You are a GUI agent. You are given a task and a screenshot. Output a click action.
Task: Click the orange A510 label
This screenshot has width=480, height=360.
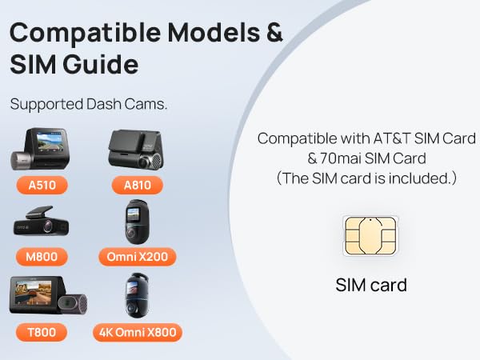click(42, 186)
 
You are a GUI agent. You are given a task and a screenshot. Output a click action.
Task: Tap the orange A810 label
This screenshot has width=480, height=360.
click(138, 186)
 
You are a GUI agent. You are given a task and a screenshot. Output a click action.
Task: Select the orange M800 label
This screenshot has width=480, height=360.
click(42, 257)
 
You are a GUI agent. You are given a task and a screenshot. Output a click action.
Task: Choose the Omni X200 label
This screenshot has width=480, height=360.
click(138, 257)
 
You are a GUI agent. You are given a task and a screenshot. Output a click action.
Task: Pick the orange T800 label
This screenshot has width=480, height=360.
click(42, 332)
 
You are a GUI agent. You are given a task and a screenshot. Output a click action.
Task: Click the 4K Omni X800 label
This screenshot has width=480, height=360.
click(138, 332)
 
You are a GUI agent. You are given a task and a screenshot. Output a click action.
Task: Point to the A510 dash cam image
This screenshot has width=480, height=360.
click(40, 149)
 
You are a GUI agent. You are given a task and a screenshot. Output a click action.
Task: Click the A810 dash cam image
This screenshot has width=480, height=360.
click(136, 150)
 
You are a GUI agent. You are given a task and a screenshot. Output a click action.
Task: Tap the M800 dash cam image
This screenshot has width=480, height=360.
click(41, 222)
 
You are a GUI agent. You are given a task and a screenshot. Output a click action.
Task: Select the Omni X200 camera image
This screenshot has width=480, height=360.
click(137, 222)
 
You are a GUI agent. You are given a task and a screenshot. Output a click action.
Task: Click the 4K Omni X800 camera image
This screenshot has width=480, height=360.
click(137, 295)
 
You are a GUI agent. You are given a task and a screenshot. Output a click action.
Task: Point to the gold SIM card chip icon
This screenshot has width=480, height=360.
click(370, 236)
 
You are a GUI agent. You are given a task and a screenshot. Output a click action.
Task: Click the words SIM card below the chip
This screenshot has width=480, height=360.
click(371, 285)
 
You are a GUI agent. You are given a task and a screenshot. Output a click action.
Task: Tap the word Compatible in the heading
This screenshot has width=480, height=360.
click(85, 33)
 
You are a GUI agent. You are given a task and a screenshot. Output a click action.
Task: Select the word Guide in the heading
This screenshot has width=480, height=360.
click(101, 64)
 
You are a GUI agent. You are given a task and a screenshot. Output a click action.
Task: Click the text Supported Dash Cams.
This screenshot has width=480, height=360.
click(89, 104)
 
